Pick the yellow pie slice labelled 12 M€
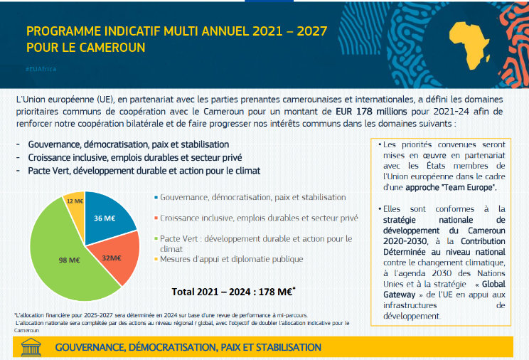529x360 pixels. tap(75, 202)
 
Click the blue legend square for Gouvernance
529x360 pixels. tap(156, 197)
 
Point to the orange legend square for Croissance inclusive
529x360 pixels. tap(156, 218)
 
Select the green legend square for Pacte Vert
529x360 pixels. tap(156, 239)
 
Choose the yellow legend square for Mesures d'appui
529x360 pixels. tap(156, 259)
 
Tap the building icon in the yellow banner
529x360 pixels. tap(32, 347)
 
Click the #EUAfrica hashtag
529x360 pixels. tap(41, 68)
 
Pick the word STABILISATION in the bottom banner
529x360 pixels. tap(280, 347)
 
